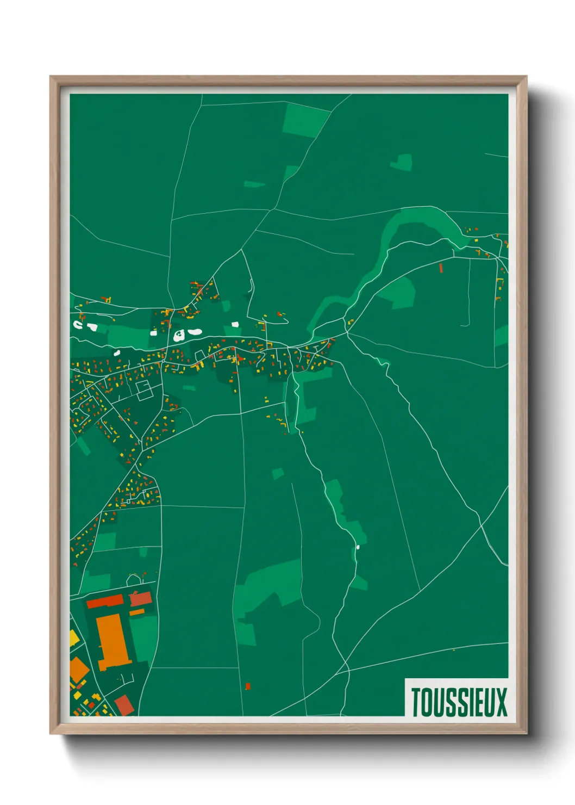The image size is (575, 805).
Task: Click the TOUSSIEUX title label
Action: (x=458, y=702)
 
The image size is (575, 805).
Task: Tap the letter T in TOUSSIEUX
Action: (x=416, y=702)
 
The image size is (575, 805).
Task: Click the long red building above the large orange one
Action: (x=105, y=601)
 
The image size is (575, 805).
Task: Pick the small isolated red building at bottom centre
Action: (x=248, y=686)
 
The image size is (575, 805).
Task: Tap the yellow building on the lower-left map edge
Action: (x=74, y=637)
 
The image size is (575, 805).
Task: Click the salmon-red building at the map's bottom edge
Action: (x=124, y=705)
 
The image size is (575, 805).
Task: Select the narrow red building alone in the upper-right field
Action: (x=441, y=268)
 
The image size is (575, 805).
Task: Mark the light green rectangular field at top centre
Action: (x=305, y=120)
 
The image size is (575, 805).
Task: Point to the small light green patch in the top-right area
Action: (x=402, y=162)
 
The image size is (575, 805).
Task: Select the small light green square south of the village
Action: (x=278, y=473)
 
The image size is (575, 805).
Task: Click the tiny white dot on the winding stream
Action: (x=358, y=547)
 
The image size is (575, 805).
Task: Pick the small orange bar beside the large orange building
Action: (x=137, y=612)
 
